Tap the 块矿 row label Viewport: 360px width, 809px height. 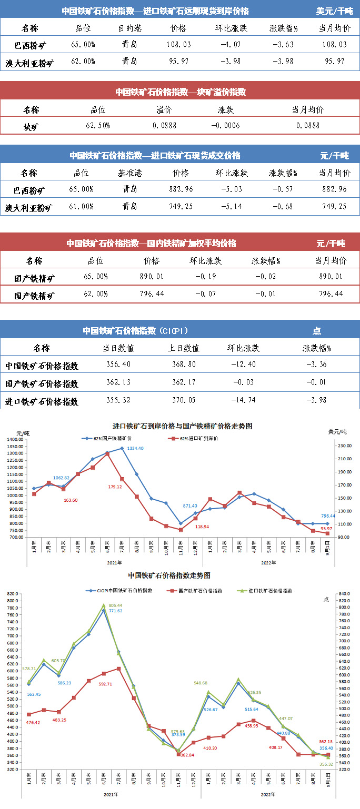click(31, 126)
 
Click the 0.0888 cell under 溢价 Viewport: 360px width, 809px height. click(164, 126)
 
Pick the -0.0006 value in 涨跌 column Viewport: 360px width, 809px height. click(225, 126)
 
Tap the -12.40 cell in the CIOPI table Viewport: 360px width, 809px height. click(243, 365)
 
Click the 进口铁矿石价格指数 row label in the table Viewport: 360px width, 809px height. click(42, 401)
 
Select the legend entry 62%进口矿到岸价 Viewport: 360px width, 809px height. click(194, 438)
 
